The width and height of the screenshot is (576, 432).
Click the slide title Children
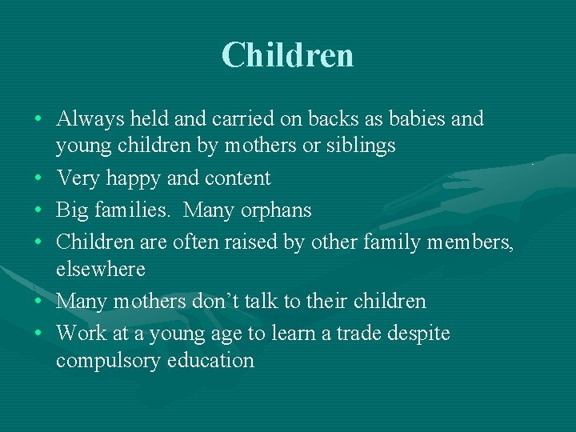click(x=287, y=55)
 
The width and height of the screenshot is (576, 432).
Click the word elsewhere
click(x=101, y=269)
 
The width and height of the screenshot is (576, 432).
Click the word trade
click(x=355, y=333)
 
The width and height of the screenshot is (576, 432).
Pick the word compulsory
click(x=109, y=360)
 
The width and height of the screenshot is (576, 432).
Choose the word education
click(x=211, y=360)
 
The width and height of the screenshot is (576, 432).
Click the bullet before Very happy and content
click(x=39, y=178)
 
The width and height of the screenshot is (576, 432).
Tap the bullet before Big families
click(x=39, y=210)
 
